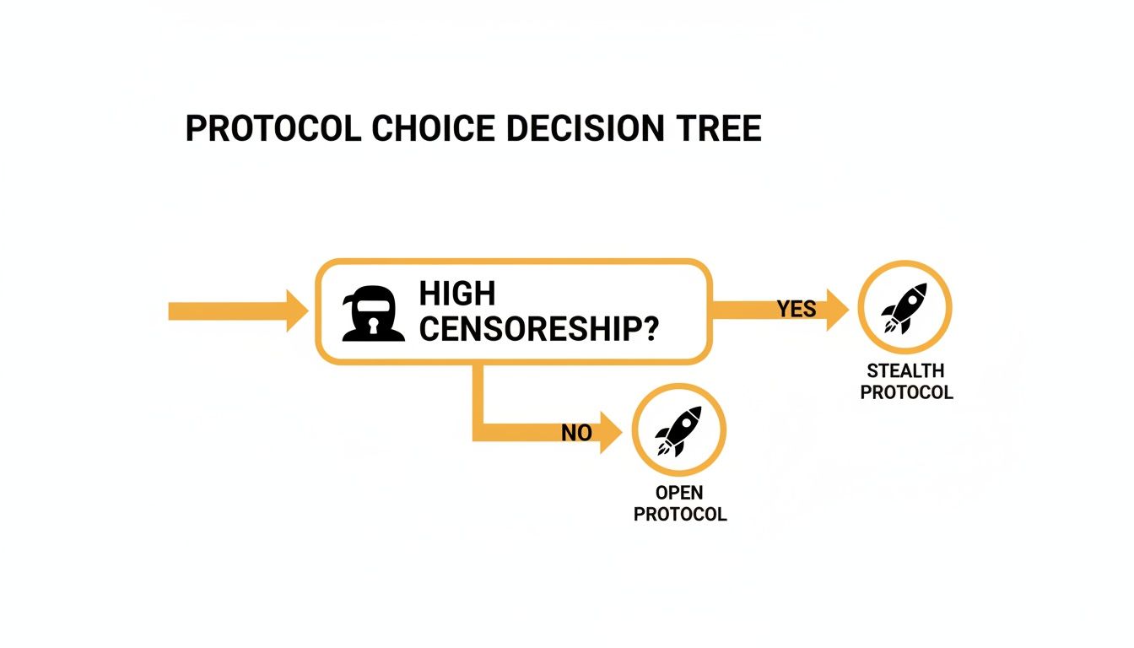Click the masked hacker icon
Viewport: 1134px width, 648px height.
tap(369, 313)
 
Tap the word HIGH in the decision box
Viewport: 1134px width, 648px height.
tap(456, 294)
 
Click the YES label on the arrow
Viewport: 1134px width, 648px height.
tap(796, 309)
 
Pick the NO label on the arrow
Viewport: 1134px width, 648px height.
tap(576, 433)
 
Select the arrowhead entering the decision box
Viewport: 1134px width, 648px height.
tap(297, 311)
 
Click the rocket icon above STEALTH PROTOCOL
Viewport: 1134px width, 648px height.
tap(904, 307)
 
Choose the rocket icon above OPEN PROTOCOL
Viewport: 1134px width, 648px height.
tap(679, 430)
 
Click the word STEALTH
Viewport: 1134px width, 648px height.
tap(906, 371)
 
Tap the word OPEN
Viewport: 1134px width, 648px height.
tap(679, 493)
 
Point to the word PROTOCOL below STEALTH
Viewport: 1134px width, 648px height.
tap(906, 392)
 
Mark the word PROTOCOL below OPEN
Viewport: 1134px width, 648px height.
tap(679, 514)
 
